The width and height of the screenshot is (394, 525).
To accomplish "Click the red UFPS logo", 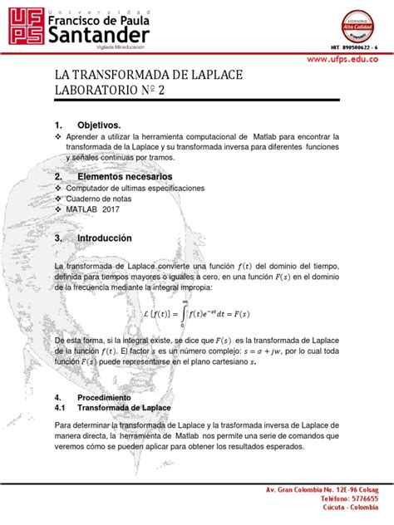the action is click(22, 25).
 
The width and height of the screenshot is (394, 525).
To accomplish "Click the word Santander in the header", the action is click(99, 36).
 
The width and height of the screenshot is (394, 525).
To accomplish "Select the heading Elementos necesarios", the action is click(125, 177).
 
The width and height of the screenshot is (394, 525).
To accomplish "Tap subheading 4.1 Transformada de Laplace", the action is click(124, 408).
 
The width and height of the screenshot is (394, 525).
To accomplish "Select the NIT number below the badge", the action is click(354, 47).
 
